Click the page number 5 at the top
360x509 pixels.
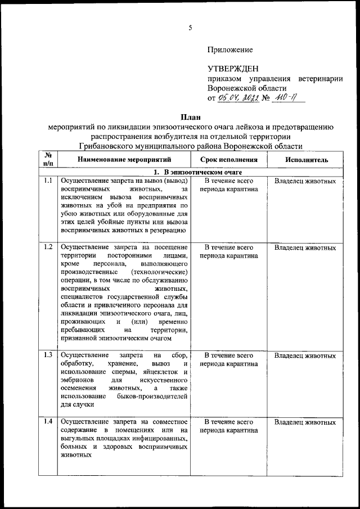coord(190,28)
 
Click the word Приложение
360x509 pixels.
coord(230,50)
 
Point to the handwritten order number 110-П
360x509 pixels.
coord(287,98)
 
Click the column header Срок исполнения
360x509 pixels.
coord(228,159)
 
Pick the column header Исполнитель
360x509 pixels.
coord(305,159)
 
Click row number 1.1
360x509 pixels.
coord(48,181)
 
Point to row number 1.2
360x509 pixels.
coord(48,247)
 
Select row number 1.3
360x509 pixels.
coord(48,355)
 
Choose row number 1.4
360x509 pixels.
coord(48,422)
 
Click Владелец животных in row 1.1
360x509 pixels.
coord(305,182)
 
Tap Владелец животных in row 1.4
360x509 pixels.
coord(305,422)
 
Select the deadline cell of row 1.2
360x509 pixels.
coord(228,251)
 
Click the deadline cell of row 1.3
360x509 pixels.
coord(228,359)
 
